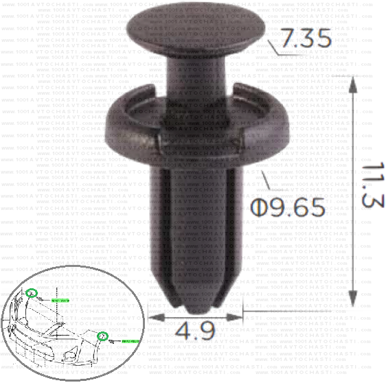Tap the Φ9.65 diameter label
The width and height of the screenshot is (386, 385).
pyautogui.click(x=288, y=206)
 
